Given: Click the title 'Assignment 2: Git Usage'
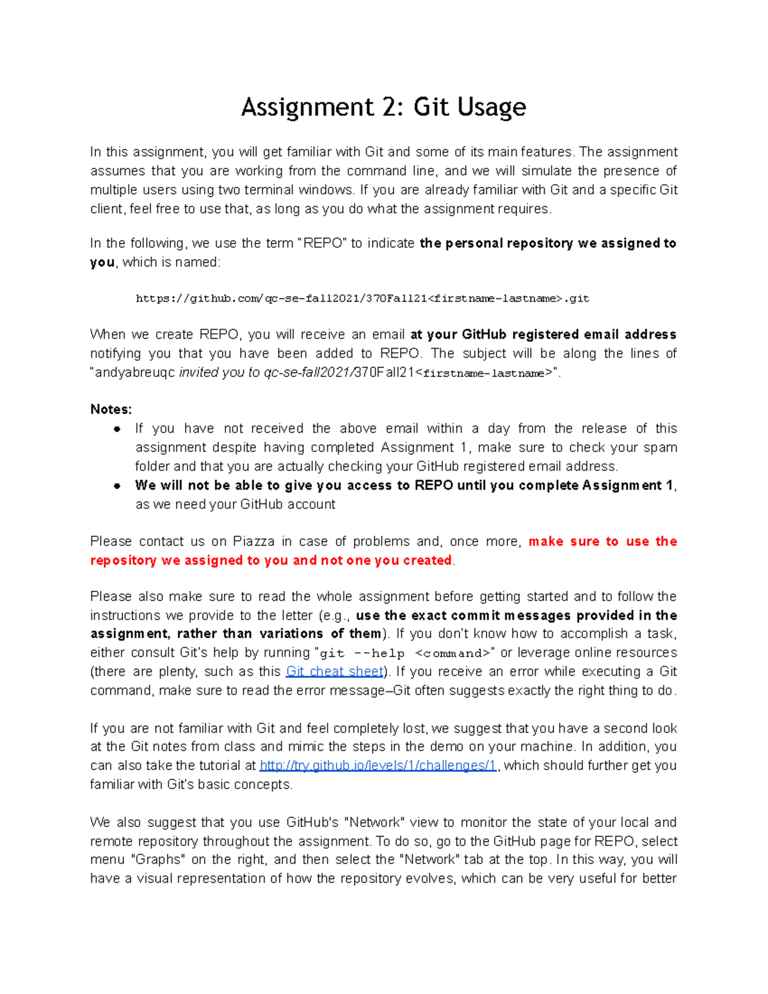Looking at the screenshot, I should [383, 107].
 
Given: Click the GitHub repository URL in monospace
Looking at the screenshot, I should [362, 298].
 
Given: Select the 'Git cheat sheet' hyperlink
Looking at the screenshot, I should [335, 671].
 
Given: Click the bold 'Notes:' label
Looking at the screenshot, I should [111, 409].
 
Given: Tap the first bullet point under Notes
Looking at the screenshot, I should [117, 429].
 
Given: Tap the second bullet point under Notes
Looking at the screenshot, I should [117, 486].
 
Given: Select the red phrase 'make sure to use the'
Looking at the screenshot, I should [602, 541].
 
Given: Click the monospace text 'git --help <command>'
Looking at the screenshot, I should [405, 653].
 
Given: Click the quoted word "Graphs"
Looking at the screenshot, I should [158, 860].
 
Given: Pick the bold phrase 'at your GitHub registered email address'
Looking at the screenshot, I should [543, 335].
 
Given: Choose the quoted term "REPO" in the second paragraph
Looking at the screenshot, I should [322, 243].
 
